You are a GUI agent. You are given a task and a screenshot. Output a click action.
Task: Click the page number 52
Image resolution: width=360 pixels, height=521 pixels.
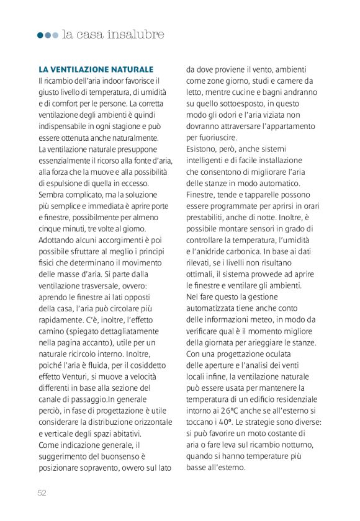click(x=42, y=492)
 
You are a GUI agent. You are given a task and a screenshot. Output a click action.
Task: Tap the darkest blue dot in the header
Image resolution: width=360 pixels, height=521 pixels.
click(x=40, y=35)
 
